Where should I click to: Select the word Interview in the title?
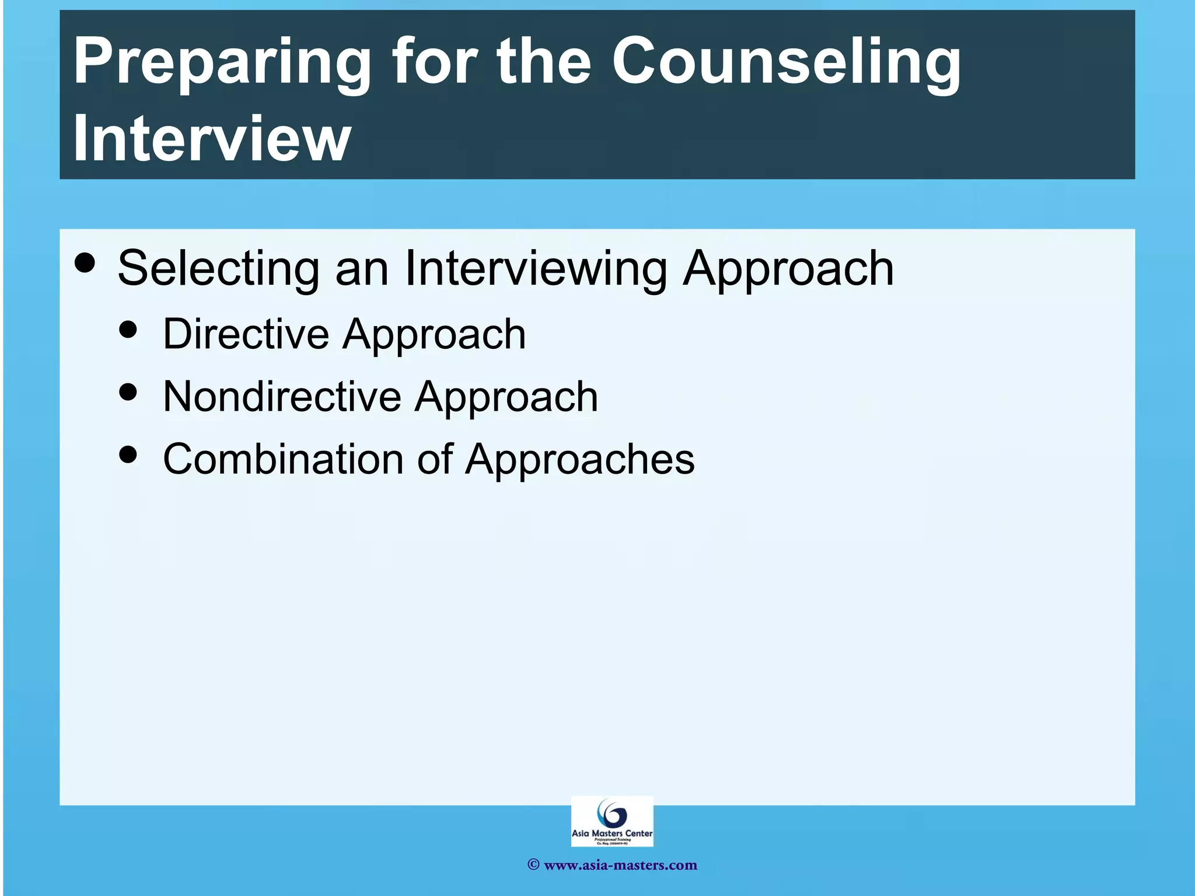212,138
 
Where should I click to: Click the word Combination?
283,459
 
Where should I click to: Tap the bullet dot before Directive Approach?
128,329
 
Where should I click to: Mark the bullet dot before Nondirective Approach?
128,391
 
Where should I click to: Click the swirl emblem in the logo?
612,813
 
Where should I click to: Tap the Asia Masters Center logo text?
612,834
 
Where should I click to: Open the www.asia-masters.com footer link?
620,865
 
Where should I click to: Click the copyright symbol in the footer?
533,865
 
